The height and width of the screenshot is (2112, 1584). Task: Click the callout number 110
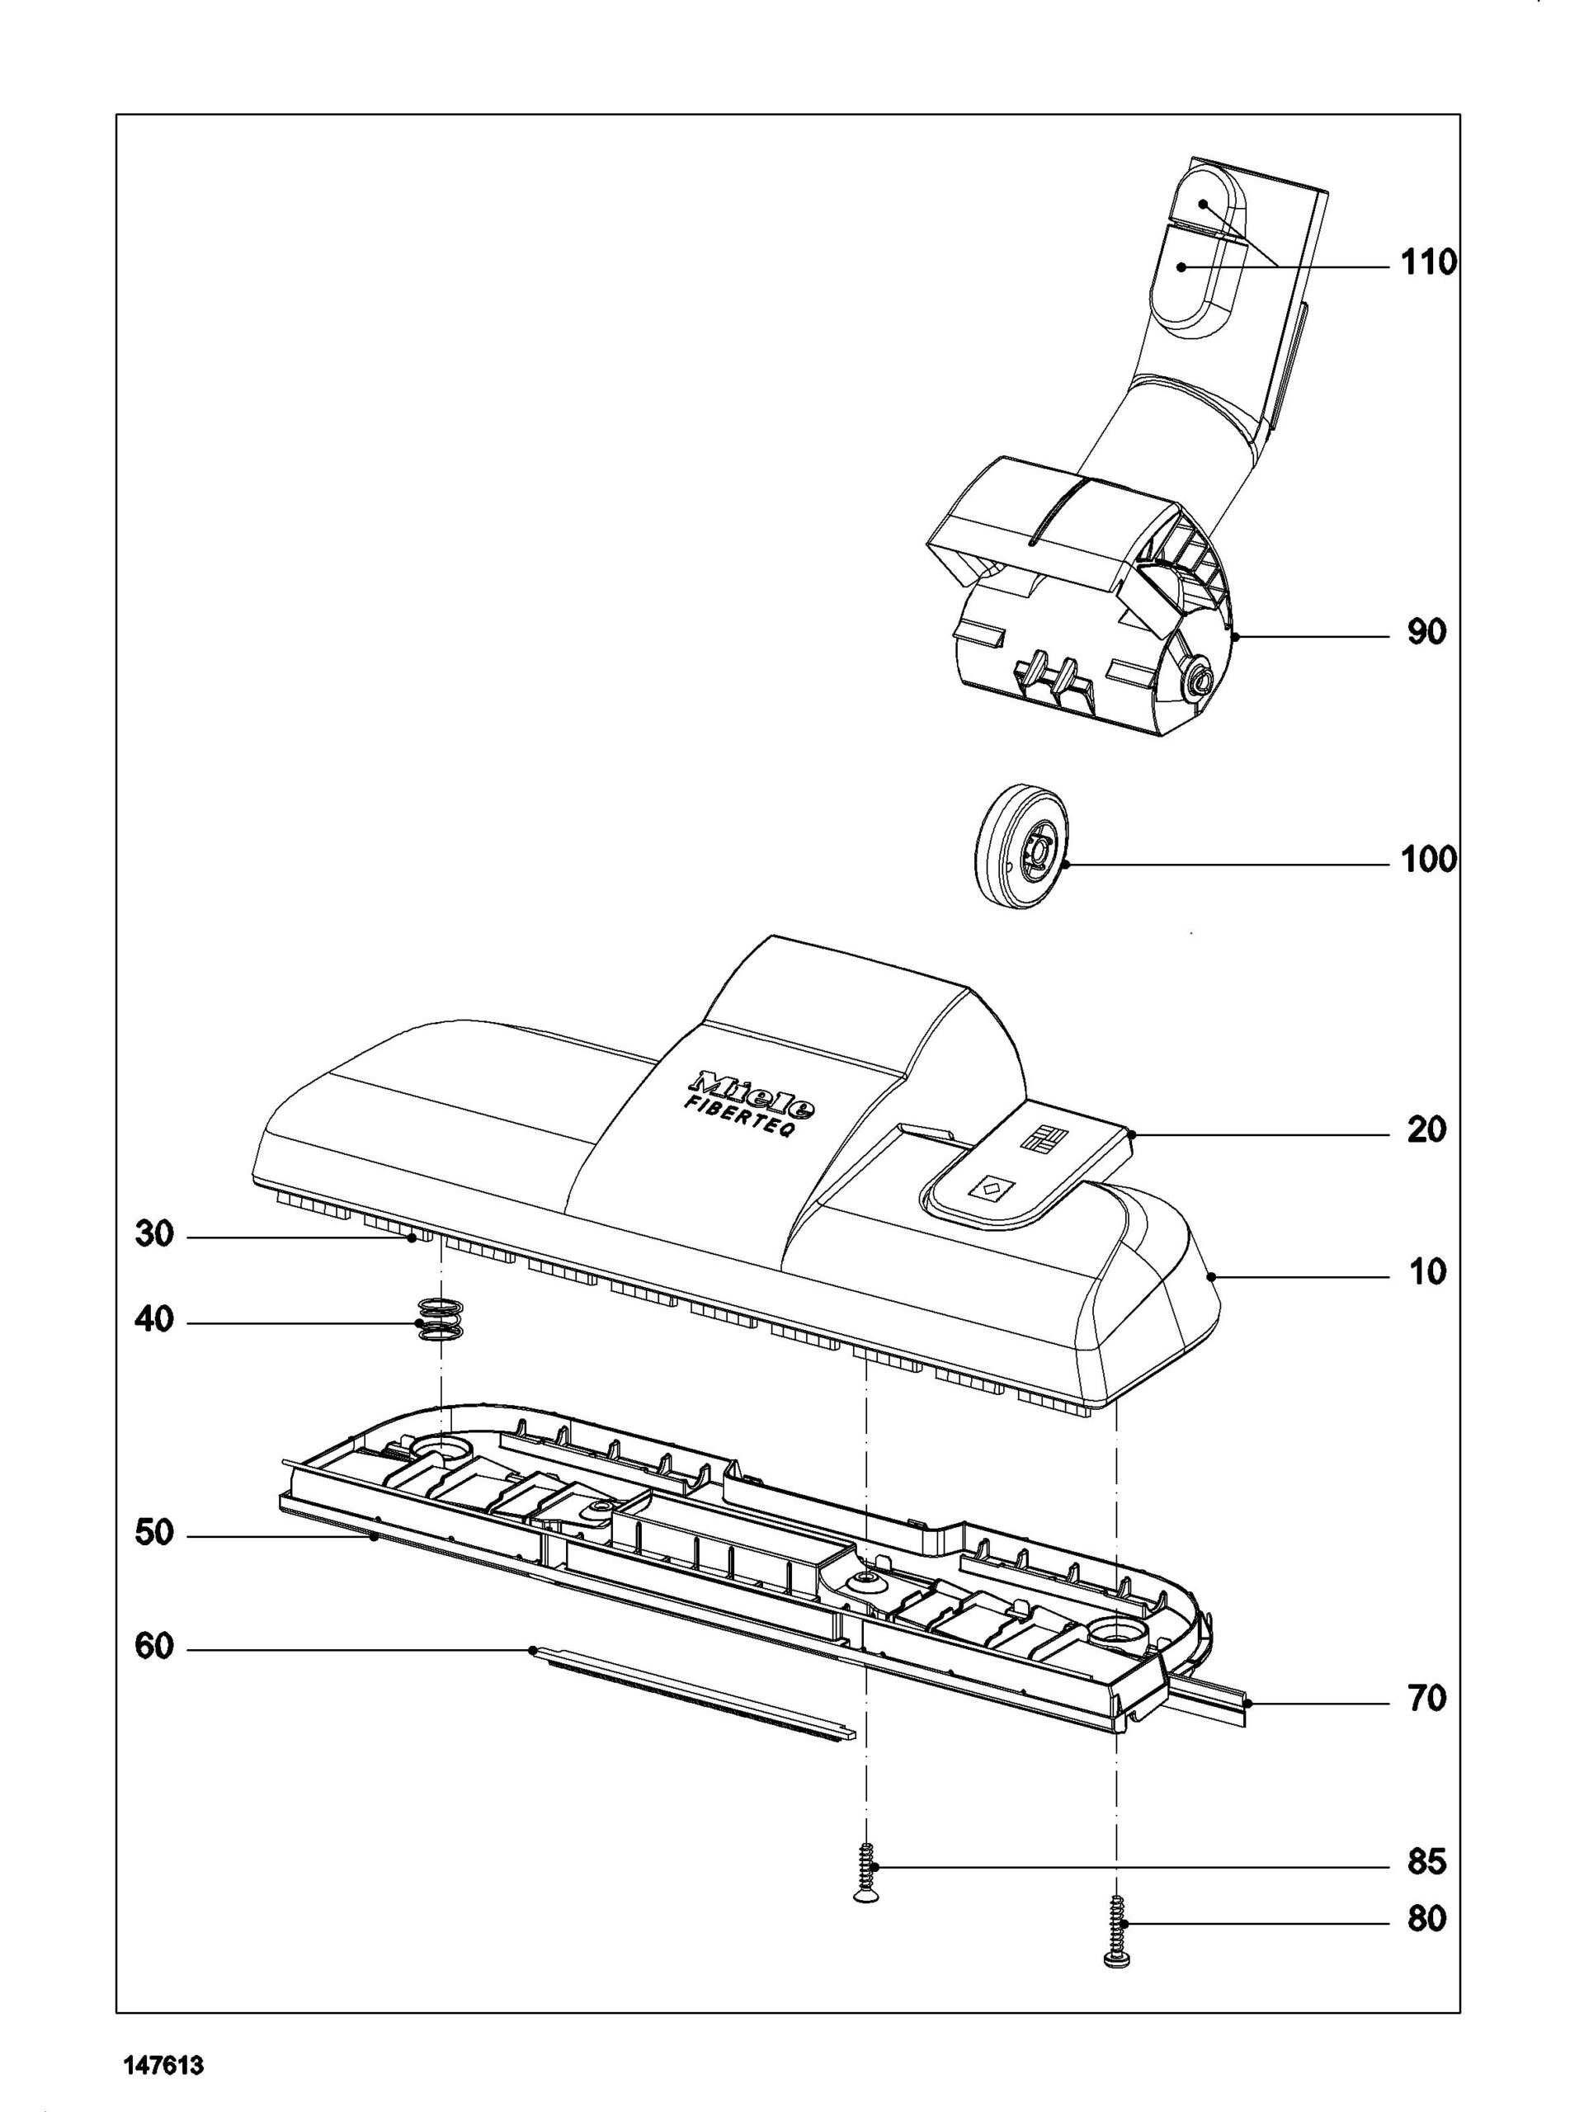1428,262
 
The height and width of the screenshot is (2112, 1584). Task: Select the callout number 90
1427,632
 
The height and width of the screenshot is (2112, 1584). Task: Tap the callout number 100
1428,860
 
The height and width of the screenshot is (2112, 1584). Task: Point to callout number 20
1427,1130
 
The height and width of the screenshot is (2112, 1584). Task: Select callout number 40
154,1322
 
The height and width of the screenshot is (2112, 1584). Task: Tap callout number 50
154,1534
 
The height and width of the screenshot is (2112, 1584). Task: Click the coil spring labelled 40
441,1322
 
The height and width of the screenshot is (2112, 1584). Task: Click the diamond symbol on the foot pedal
989,1190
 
